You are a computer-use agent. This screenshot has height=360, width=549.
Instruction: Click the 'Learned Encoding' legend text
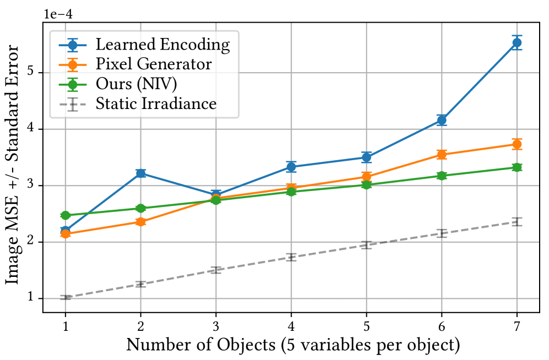[162, 45]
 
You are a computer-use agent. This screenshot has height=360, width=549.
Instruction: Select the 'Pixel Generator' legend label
[154, 64]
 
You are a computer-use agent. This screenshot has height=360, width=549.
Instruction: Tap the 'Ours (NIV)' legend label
[136, 84]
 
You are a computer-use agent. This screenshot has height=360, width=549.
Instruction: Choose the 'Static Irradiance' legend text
[156, 103]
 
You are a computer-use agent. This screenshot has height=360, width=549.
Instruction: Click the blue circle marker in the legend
[72, 45]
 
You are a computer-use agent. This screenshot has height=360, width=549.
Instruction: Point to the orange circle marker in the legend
[72, 64]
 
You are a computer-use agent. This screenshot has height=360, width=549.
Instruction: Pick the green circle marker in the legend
[72, 84]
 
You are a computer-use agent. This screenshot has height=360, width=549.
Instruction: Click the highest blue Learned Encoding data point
[517, 42]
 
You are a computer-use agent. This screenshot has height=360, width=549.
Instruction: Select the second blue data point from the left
[141, 173]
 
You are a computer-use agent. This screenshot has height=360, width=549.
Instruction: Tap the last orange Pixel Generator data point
[517, 144]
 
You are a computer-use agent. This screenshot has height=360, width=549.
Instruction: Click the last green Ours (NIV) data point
[517, 167]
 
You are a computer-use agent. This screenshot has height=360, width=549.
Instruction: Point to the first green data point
[66, 215]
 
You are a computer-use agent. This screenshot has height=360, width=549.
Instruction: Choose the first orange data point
[66, 234]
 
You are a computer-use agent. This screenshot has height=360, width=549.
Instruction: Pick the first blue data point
[66, 231]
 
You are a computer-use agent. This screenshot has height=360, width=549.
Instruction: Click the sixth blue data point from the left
[441, 120]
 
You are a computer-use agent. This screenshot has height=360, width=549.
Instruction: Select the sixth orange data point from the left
[441, 154]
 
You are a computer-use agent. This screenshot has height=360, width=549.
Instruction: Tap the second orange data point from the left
[141, 222]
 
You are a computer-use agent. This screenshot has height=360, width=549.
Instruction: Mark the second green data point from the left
[141, 208]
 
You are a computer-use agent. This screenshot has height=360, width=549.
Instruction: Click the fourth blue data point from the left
[291, 166]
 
